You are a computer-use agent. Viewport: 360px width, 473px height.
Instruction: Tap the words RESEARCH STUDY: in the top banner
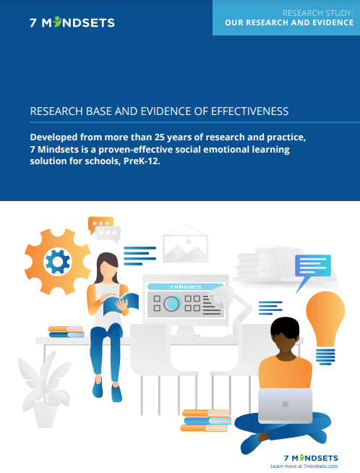[313, 12]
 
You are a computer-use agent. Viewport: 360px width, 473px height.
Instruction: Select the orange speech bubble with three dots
[100, 225]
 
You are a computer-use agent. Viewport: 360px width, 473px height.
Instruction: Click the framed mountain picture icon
[186, 244]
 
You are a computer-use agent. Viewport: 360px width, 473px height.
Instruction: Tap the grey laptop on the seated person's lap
[285, 405]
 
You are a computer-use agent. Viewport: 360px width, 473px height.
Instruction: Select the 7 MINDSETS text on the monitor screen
[185, 286]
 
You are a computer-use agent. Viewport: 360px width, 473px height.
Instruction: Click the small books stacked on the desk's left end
[66, 331]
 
